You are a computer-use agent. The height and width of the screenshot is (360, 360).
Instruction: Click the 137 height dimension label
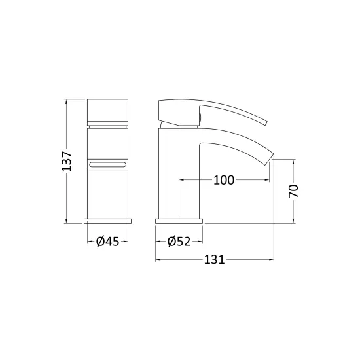tap(67, 161)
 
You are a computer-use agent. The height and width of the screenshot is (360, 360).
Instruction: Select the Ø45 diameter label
tap(108, 242)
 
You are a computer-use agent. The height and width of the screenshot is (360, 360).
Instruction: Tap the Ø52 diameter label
tap(179, 242)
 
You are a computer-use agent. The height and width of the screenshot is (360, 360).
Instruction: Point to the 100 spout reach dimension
tap(224, 180)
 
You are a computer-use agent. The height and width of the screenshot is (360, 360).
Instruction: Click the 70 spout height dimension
tap(293, 190)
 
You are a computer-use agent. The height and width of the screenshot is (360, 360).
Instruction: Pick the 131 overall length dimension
tap(214, 260)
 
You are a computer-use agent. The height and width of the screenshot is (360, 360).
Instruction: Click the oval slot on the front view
tap(108, 164)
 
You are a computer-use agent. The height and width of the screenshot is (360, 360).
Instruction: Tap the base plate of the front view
tap(108, 221)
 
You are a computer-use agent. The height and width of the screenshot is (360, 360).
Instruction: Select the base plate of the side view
tap(179, 221)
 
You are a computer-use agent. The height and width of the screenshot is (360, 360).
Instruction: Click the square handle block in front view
tap(108, 113)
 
